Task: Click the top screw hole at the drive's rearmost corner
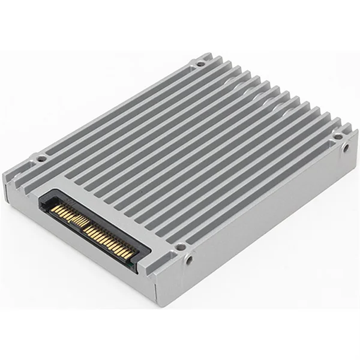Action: point(200,62)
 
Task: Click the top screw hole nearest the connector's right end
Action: point(179,246)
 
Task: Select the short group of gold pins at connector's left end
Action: point(59,211)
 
